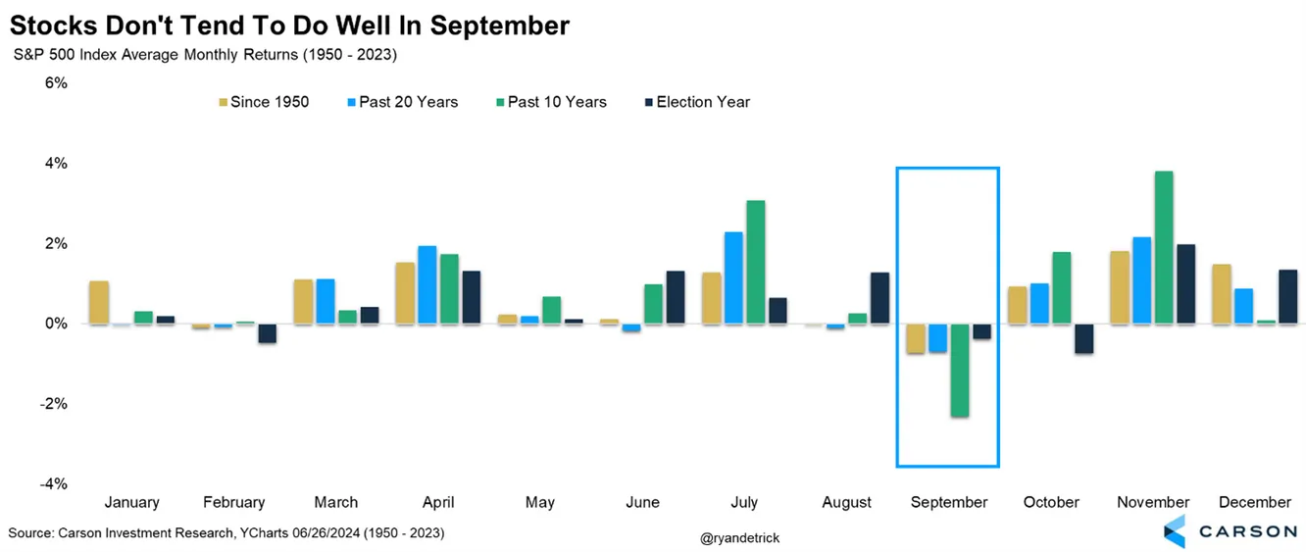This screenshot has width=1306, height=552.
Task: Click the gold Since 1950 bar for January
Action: pyautogui.click(x=98, y=302)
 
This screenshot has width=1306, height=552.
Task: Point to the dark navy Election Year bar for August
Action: pyautogui.click(x=879, y=298)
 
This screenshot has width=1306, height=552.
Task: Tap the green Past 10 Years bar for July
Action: pyautogui.click(x=755, y=262)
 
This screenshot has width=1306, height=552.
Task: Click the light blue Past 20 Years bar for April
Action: pyautogui.click(x=427, y=284)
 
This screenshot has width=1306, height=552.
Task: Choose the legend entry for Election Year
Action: pyautogui.click(x=702, y=102)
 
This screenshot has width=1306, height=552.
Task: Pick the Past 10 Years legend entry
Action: pyautogui.click(x=557, y=102)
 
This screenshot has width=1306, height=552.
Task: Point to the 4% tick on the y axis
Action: pyautogui.click(x=55, y=164)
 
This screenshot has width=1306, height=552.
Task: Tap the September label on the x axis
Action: pyautogui.click(x=948, y=502)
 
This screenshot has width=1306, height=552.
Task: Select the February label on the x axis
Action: pyautogui.click(x=233, y=502)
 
